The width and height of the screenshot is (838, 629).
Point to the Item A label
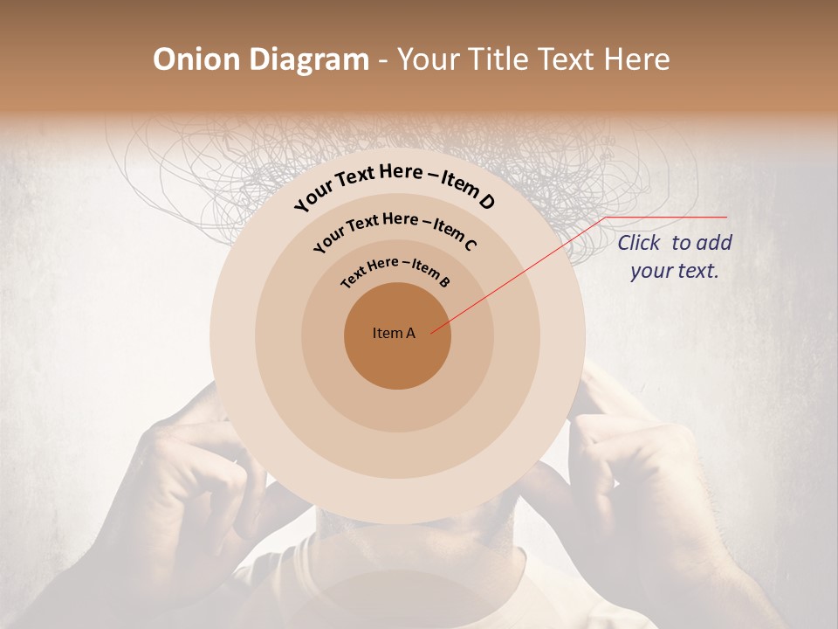tap(394, 333)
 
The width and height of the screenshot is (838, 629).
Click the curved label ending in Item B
tap(395, 270)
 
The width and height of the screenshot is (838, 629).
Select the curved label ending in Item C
tap(395, 229)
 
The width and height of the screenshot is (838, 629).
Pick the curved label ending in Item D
tap(395, 186)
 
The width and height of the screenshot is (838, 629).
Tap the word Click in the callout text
tap(641, 243)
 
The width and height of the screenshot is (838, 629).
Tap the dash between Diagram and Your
tap(382, 59)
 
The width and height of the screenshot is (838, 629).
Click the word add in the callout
tap(714, 243)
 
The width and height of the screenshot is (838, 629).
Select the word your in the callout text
tap(651, 271)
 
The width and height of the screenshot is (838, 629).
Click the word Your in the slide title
tap(429, 59)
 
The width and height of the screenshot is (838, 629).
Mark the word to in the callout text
tap(681, 243)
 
